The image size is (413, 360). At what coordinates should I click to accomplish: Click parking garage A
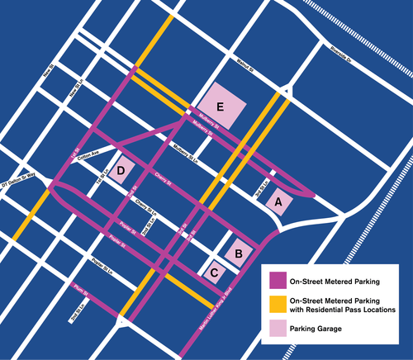tap(279, 201)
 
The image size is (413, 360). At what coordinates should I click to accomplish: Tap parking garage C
tap(215, 270)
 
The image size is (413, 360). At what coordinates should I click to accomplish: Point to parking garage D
tap(121, 171)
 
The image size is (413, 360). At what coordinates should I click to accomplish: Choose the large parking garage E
tap(220, 107)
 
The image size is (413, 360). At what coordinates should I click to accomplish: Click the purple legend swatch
tap(274, 279)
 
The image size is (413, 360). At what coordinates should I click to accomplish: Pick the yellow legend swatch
tap(274, 303)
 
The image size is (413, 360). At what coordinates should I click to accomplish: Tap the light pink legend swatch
tap(274, 329)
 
